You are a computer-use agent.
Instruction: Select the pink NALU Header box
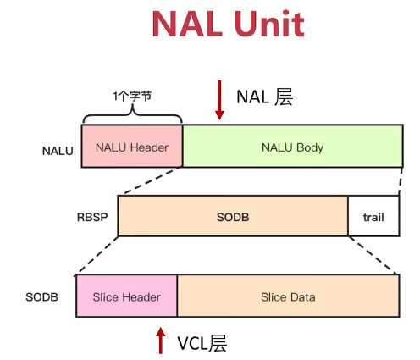point(132,147)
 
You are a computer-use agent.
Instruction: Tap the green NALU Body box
point(292,147)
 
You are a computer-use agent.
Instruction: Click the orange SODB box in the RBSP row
point(233,217)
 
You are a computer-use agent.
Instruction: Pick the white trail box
point(373,217)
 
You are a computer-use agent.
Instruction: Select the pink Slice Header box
point(126,296)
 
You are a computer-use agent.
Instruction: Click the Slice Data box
point(288,296)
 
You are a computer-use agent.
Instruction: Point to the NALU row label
point(58,152)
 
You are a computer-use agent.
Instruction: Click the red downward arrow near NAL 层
point(219,100)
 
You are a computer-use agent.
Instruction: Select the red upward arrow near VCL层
point(160,341)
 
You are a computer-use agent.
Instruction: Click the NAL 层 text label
point(263,97)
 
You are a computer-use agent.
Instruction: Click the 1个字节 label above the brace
point(132,96)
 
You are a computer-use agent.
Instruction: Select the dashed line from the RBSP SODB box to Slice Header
point(97,256)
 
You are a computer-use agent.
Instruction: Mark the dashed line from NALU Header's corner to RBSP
point(151,182)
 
